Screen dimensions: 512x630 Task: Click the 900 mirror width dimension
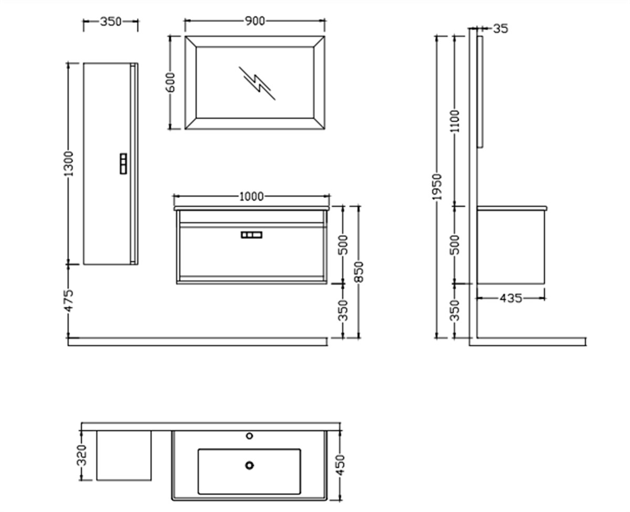click(255, 21)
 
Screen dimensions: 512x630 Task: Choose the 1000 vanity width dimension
click(251, 197)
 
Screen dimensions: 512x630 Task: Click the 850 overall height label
click(359, 271)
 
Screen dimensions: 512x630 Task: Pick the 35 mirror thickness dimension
click(501, 28)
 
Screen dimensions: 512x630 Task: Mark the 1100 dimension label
click(455, 121)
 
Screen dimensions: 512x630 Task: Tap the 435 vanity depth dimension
click(510, 298)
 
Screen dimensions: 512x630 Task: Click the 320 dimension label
click(81, 455)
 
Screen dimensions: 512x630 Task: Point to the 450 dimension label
click(341, 464)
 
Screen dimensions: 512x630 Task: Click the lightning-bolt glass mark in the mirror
click(257, 83)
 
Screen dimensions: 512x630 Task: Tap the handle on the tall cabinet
click(123, 163)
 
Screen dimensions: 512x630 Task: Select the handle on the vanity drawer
click(251, 235)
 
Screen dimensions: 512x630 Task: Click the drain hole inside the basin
click(249, 465)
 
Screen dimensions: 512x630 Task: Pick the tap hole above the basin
click(249, 436)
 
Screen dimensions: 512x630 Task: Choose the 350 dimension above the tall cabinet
click(110, 22)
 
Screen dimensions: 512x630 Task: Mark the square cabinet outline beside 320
click(124, 455)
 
